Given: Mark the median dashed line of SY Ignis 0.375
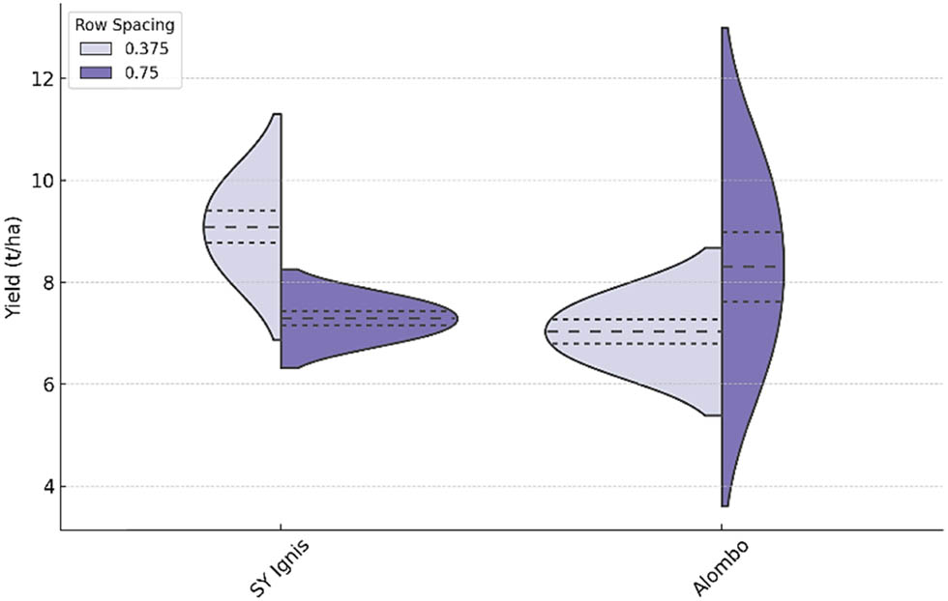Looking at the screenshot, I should pyautogui.click(x=242, y=227).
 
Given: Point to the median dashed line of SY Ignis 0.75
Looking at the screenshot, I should pyautogui.click(x=368, y=318).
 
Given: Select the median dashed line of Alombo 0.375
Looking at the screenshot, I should pyautogui.click(x=634, y=331).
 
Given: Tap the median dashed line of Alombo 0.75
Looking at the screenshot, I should pyautogui.click(x=752, y=266).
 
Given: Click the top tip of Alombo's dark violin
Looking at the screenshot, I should pyautogui.click(x=724, y=29).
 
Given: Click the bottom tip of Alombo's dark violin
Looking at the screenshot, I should pyautogui.click(x=724, y=505).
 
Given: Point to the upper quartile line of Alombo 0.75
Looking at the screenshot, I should pyautogui.click(x=752, y=232).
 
